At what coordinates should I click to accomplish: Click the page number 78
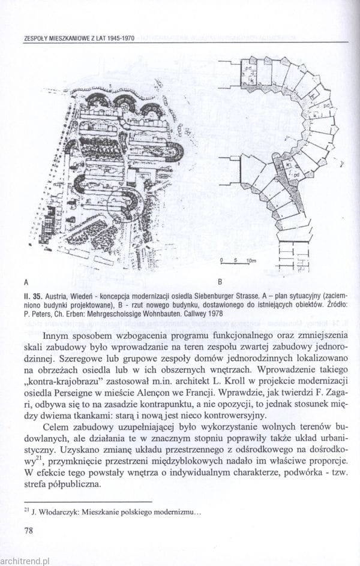(x=28, y=531)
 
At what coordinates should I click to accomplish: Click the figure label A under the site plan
(x=26, y=281)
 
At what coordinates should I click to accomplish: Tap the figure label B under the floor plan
(x=220, y=281)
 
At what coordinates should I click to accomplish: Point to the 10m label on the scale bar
(x=251, y=260)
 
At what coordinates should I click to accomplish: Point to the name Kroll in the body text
(x=236, y=381)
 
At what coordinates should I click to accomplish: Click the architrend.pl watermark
(x=25, y=561)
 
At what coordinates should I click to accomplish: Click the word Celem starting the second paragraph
(x=56, y=427)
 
